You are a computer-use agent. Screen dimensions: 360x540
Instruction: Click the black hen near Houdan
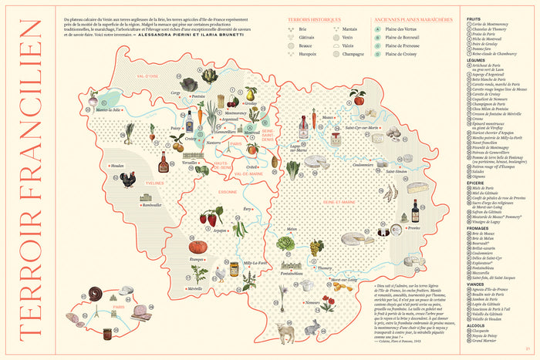(128, 180)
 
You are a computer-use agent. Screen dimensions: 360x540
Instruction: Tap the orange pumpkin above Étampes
(198, 248)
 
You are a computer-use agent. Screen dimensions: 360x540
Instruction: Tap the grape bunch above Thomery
(317, 247)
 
